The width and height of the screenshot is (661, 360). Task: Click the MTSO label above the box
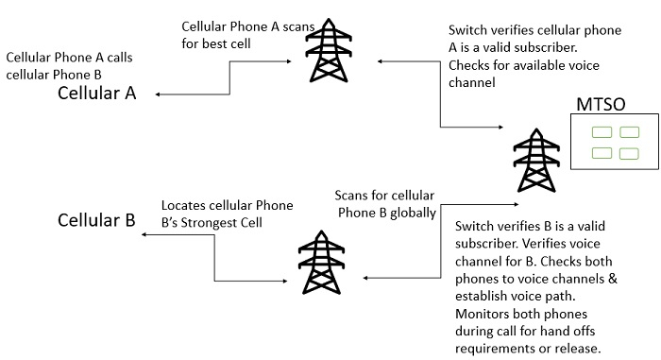(x=601, y=104)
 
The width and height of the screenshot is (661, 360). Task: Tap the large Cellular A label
(x=96, y=94)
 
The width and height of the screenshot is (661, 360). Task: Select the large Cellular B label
(x=96, y=220)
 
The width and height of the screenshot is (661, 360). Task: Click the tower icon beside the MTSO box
(x=536, y=160)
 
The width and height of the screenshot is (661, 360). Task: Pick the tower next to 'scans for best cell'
(x=329, y=50)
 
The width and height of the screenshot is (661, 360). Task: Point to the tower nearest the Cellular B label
(x=321, y=262)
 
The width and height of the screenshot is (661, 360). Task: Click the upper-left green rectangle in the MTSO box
(x=602, y=132)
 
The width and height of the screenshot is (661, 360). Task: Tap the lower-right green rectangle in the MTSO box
(x=629, y=153)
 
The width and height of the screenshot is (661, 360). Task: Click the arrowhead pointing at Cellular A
(x=158, y=94)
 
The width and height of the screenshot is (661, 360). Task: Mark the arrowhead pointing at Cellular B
(x=144, y=234)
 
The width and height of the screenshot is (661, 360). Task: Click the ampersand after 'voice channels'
(x=613, y=279)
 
